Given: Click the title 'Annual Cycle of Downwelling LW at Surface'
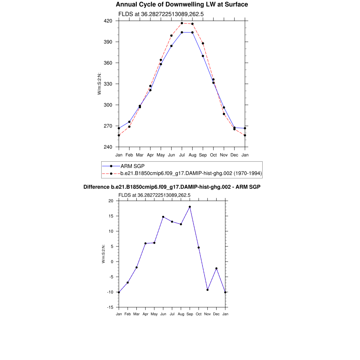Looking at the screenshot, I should [182, 5].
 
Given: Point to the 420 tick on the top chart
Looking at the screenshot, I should [108, 21].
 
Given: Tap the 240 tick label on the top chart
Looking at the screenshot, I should [108, 147].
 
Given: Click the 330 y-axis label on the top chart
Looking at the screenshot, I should [108, 84].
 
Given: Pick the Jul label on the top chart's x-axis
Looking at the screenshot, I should [182, 155].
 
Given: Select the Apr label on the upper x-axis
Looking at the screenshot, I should [150, 155].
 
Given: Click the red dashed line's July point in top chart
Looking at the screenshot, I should [182, 23].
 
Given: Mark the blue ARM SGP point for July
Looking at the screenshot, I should [182, 32].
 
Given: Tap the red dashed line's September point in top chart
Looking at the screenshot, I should [203, 43].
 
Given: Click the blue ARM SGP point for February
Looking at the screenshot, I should [129, 122].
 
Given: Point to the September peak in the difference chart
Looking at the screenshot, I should [190, 207].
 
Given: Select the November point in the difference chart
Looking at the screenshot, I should [207, 290].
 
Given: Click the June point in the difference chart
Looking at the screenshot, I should [163, 217].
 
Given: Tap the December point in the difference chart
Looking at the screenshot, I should [217, 268].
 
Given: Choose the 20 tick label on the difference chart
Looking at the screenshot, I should [111, 201].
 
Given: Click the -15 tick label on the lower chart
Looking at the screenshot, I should [110, 307].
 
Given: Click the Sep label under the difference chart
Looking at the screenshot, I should [190, 314].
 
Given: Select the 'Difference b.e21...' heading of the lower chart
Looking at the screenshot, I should [172, 187].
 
